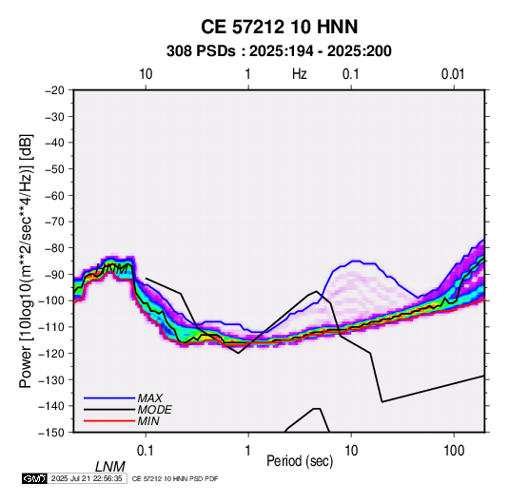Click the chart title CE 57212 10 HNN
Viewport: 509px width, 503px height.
click(x=279, y=27)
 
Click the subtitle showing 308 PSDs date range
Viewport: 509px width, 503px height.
click(x=279, y=51)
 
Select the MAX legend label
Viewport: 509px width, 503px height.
click(x=149, y=398)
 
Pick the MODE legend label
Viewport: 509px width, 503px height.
click(x=154, y=410)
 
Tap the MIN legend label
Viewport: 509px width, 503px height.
click(x=148, y=421)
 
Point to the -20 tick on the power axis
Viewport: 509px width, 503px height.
click(x=54, y=90)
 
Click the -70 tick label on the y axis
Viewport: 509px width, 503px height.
click(x=54, y=222)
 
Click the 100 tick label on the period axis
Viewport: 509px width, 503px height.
click(x=454, y=451)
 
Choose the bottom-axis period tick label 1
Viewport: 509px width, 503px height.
click(x=248, y=451)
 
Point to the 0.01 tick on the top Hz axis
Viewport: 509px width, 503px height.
click(x=453, y=74)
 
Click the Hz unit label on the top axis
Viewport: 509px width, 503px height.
click(x=300, y=74)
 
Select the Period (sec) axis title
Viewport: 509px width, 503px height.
click(x=300, y=461)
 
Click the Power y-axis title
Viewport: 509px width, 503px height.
click(x=26, y=261)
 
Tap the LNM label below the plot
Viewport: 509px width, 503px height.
click(x=110, y=467)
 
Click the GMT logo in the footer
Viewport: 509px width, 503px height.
click(x=34, y=478)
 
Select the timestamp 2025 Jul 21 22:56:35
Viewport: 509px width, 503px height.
click(x=87, y=478)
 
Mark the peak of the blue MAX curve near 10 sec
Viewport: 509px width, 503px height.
click(x=357, y=261)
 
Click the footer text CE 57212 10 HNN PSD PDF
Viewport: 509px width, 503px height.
click(x=175, y=478)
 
